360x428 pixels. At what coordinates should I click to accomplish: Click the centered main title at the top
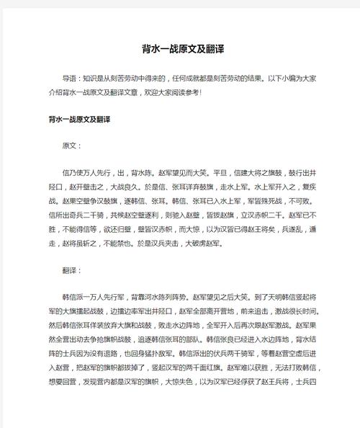point(179,50)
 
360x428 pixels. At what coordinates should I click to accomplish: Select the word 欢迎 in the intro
point(174,92)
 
